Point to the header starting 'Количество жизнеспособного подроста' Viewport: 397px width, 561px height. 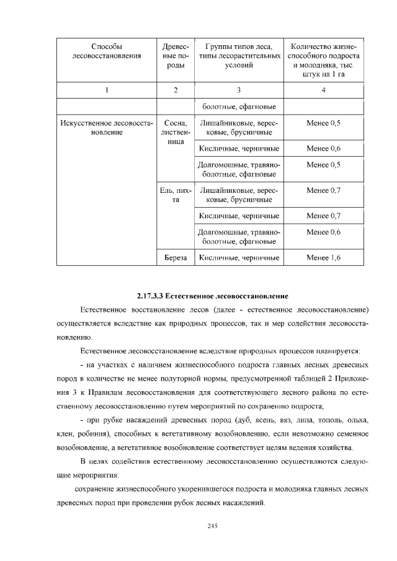(x=323, y=61)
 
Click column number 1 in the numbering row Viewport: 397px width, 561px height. (x=107, y=91)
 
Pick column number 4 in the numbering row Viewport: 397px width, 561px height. (x=323, y=91)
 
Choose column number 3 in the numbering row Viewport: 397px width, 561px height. (x=239, y=91)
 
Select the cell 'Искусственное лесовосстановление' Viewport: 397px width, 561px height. (x=107, y=127)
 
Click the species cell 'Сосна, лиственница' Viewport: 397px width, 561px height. (x=176, y=132)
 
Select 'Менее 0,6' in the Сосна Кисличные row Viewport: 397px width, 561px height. (x=323, y=149)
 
